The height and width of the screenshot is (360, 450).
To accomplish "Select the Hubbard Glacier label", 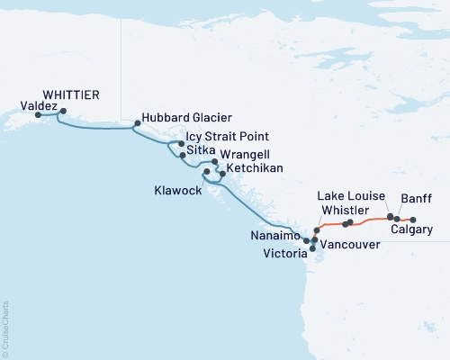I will (x=187, y=117).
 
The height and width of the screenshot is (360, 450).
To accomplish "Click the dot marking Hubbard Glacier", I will (x=137, y=122).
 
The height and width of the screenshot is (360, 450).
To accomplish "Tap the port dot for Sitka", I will (x=183, y=156).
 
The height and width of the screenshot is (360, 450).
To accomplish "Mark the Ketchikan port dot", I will (x=222, y=173).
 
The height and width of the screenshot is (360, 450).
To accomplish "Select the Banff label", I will (x=416, y=198).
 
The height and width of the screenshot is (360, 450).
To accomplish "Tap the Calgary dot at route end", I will (x=413, y=220).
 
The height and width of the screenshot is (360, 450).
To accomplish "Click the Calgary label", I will (x=412, y=230).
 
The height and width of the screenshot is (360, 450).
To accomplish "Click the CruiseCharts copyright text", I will (x=5, y=328).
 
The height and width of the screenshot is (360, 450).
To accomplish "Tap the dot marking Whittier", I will (x=62, y=112).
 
